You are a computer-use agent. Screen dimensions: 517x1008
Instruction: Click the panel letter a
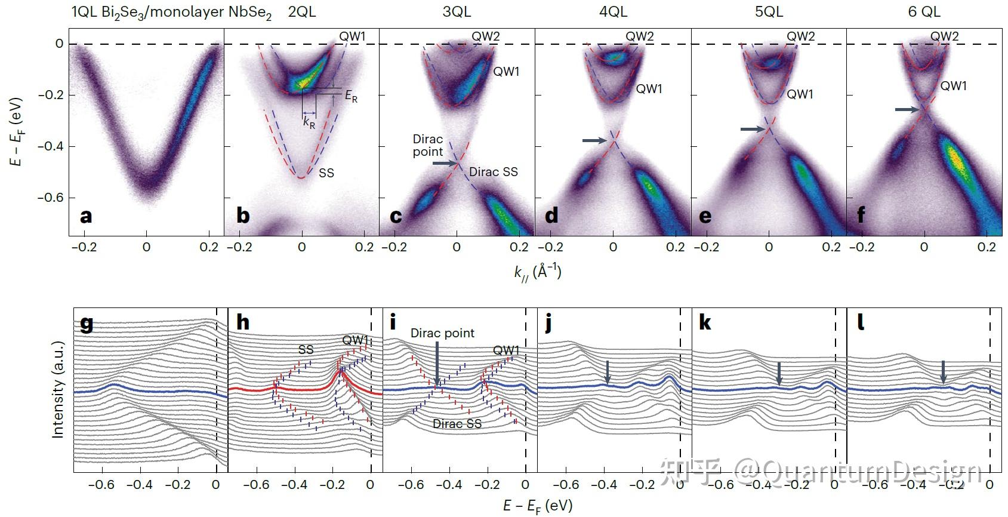click(x=86, y=216)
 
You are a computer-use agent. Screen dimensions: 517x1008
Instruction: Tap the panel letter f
click(x=861, y=216)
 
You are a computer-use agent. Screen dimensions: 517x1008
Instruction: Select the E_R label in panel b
click(x=352, y=96)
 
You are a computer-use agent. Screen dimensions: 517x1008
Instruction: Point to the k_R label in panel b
click(x=309, y=122)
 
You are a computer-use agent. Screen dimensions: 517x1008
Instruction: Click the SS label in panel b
click(x=326, y=173)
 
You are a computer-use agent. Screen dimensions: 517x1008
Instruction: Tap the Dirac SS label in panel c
click(x=493, y=172)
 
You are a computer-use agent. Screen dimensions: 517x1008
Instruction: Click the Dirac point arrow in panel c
click(x=445, y=163)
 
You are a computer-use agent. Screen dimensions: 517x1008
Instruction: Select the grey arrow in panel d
click(x=594, y=140)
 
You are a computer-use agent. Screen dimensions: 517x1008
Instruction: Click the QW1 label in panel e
click(x=800, y=94)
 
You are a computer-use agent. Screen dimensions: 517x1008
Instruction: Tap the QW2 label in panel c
click(x=486, y=36)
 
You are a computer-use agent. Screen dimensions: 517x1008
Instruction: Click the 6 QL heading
click(x=924, y=11)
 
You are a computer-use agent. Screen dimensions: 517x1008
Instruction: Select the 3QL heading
click(x=457, y=11)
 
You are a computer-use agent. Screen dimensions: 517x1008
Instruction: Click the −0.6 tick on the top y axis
click(x=51, y=198)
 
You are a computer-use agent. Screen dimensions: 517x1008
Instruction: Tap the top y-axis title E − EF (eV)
click(x=17, y=131)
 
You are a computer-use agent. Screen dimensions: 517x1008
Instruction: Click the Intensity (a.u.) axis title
click(x=58, y=390)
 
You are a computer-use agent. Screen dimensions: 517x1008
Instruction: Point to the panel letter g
click(x=87, y=323)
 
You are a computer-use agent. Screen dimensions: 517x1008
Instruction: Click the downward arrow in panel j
click(x=608, y=372)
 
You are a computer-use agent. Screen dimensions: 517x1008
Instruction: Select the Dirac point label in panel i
click(x=442, y=333)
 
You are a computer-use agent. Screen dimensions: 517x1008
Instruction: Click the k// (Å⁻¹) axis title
click(x=538, y=272)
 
